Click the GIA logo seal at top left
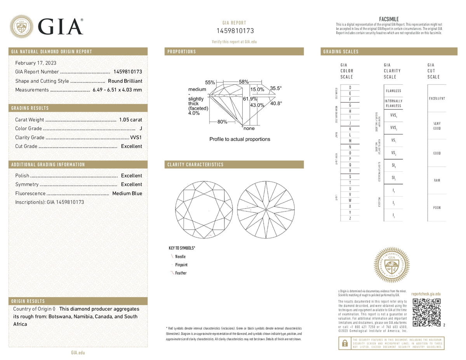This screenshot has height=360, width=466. pos(21,26)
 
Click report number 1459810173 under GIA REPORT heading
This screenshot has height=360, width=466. pos(235,31)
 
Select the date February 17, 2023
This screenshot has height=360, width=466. pos(36,63)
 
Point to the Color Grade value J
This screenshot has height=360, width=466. pos(141,129)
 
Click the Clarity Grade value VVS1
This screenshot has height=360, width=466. pos(136,137)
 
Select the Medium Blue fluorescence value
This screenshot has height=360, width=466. pos(127,193)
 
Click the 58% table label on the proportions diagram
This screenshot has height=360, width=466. pos(244,82)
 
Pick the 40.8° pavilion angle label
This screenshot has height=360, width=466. pos(276,103)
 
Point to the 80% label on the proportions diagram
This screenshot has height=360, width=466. pos(222,122)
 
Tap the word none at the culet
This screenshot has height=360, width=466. pos(249,129)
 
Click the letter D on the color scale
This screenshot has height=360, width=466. pos(350,87)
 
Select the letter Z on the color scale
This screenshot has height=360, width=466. pos(350,219)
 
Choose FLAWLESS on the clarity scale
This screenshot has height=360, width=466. pos(393,91)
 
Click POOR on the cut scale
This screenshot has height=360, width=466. pos(437,208)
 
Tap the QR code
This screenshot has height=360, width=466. pos(426,313)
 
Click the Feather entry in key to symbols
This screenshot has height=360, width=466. pos(181,273)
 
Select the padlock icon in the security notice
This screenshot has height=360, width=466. pos(344,343)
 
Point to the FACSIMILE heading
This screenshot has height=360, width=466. pos(389,19)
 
